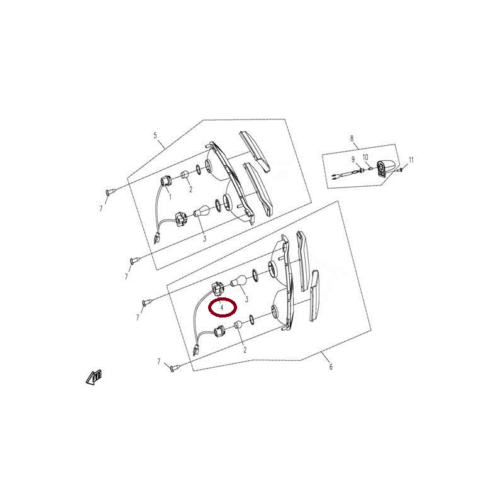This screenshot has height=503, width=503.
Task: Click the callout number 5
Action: pos(155,135)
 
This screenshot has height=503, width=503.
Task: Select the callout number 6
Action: pos(331,367)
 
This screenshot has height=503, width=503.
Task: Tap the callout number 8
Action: pos(352,138)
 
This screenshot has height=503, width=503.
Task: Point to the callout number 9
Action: pos(353,160)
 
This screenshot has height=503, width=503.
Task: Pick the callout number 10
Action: pos(365,158)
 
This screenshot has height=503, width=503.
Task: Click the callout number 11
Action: pos(411,160)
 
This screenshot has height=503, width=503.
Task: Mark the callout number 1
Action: pos(170,197)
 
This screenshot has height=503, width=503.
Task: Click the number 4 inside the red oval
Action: pos(222,307)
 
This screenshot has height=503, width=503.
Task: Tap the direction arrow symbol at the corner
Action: pos(94,378)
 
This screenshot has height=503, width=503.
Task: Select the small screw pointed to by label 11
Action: pos(401,169)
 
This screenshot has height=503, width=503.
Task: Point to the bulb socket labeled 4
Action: pos(217,289)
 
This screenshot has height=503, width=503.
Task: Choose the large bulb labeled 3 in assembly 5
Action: pos(202,211)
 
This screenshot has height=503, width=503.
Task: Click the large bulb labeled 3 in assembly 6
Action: pos(239,281)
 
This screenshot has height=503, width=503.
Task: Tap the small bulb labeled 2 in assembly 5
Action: pos(185,175)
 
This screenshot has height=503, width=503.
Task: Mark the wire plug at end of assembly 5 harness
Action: pos(157,238)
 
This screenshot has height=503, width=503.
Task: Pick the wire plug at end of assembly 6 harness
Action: pos(196,350)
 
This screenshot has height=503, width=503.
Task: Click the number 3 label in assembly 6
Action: pos(246,299)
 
